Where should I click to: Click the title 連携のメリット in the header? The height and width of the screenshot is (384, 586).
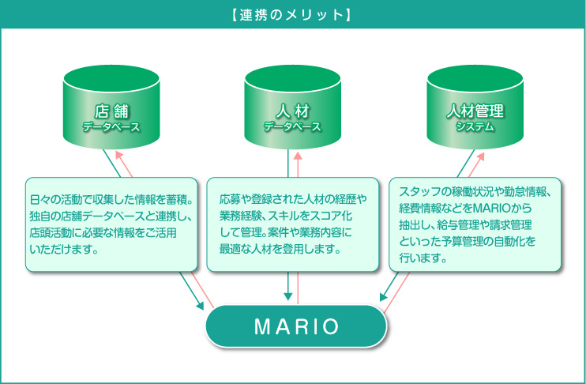(x=291, y=14)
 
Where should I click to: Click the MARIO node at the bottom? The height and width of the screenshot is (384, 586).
(x=296, y=326)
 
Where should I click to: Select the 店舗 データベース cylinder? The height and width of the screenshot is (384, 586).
(x=111, y=107)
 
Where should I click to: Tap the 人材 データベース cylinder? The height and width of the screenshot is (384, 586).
(x=293, y=107)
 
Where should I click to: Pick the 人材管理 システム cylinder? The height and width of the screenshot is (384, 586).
(x=475, y=107)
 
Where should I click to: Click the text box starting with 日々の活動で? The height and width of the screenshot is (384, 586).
(x=111, y=224)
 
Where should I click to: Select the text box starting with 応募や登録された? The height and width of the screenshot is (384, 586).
(x=293, y=224)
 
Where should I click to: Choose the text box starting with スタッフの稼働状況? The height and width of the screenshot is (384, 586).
(x=475, y=224)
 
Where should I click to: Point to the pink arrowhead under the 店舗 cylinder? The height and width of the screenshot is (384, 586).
(x=119, y=155)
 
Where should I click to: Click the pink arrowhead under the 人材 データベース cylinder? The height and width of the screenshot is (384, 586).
(x=298, y=156)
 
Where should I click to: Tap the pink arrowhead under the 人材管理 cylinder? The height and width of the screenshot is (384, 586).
(x=480, y=156)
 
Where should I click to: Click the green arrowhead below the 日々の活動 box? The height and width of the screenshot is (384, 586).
(x=200, y=306)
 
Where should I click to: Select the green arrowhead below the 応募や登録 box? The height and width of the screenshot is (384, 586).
(x=287, y=296)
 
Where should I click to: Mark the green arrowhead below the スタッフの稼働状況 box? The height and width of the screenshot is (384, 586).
(x=384, y=296)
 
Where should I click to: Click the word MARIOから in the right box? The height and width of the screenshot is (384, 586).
(x=502, y=208)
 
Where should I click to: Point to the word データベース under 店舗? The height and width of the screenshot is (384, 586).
(x=111, y=127)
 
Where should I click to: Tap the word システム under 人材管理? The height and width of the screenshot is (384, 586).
(x=475, y=126)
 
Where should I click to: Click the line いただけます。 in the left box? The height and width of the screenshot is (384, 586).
(x=63, y=250)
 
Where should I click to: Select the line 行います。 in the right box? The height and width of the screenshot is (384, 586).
(x=423, y=258)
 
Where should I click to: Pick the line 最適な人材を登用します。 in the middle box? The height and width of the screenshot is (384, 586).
(x=280, y=249)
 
